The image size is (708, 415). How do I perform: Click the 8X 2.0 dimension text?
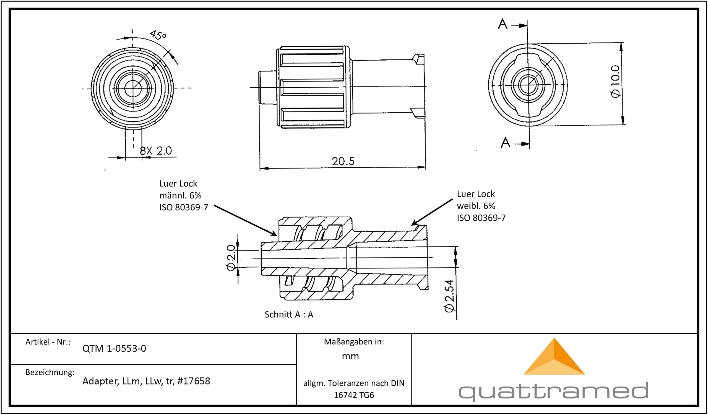[x=156, y=151]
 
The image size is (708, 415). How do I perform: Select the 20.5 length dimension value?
[x=343, y=161]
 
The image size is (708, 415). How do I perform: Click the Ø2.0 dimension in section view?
[x=231, y=257]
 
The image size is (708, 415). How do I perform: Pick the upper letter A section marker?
[x=503, y=24]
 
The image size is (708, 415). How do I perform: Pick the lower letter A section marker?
[x=506, y=143]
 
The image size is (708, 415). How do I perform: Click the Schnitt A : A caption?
[x=289, y=314]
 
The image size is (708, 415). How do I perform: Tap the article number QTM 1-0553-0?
[x=114, y=348]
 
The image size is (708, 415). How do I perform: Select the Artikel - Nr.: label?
[x=48, y=342]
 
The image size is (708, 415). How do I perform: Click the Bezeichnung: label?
[x=50, y=372]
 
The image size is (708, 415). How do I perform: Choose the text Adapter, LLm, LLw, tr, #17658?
[x=146, y=381]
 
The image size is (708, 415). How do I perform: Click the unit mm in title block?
[x=350, y=356]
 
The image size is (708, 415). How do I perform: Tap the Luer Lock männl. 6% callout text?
[x=183, y=195]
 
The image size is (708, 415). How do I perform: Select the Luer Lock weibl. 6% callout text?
[x=481, y=206]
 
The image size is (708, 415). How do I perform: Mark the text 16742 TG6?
[x=354, y=395]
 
